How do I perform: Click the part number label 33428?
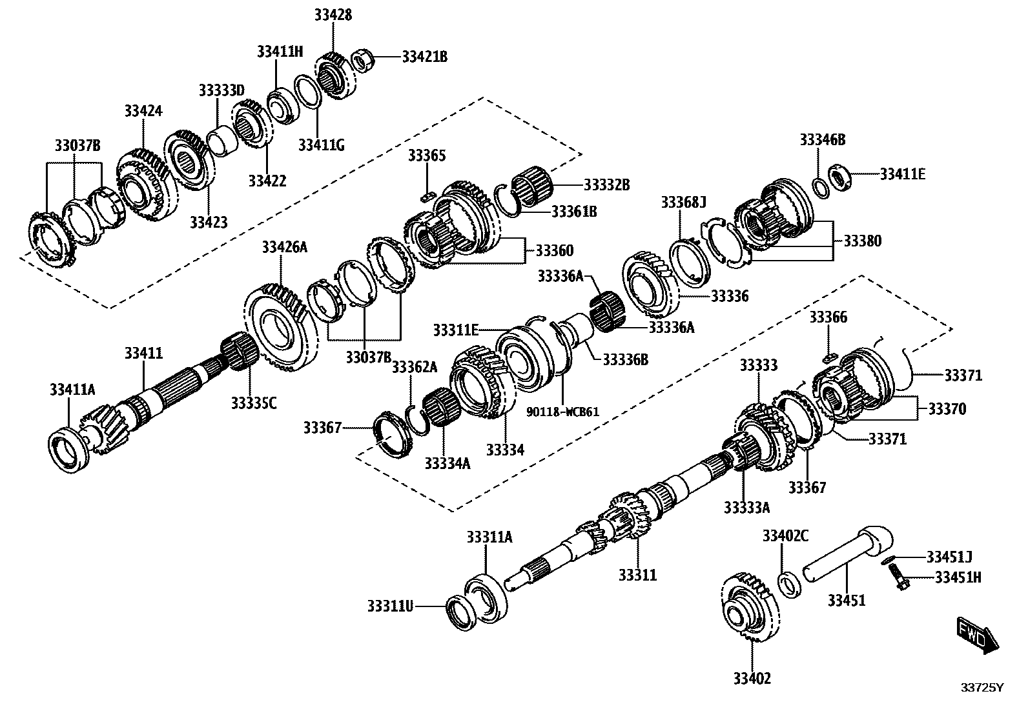[x=334, y=14]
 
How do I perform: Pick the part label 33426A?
[x=284, y=247]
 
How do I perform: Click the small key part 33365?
[x=425, y=195]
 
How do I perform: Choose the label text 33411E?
[x=903, y=174]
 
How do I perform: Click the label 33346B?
[x=822, y=139]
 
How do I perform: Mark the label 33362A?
[x=415, y=367]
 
